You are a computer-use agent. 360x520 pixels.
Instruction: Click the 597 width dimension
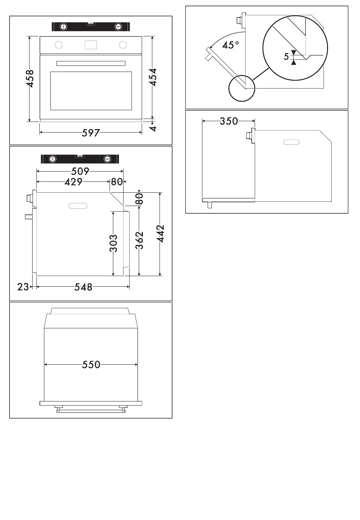(x=91, y=133)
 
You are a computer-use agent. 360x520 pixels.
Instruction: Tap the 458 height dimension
(x=30, y=79)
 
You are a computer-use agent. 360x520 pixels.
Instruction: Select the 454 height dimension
(x=153, y=77)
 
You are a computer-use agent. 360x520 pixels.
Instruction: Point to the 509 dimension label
(x=80, y=171)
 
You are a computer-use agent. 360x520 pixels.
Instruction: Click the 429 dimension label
(x=74, y=182)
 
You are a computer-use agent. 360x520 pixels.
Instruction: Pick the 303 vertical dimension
(x=113, y=243)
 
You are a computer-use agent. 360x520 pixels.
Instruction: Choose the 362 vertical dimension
(x=139, y=240)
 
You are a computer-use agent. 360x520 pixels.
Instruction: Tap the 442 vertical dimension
(x=160, y=234)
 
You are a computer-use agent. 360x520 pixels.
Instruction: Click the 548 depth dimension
(x=83, y=287)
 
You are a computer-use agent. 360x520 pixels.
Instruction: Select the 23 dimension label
(x=23, y=287)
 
